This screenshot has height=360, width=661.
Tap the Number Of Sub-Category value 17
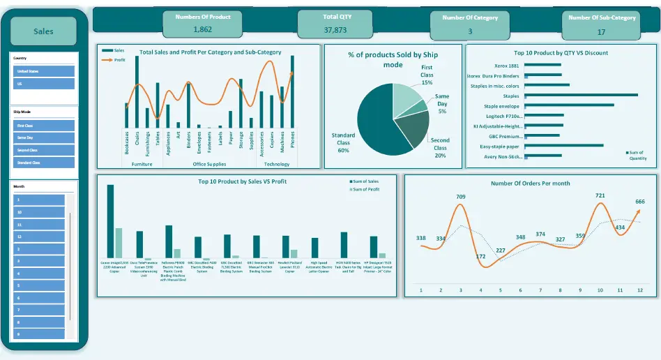[601, 31]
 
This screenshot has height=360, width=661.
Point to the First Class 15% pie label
[426, 75]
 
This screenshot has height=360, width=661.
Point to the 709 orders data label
[460, 197]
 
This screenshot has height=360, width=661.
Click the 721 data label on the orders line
[600, 196]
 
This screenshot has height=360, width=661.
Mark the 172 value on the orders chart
[480, 256]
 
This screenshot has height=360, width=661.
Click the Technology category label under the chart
[277, 164]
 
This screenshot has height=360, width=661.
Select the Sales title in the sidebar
[44, 31]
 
